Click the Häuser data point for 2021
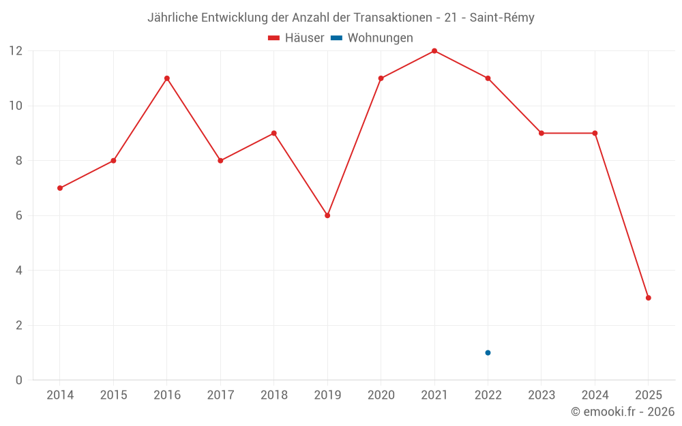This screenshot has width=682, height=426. tap(434, 51)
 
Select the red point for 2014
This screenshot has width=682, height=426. tap(60, 188)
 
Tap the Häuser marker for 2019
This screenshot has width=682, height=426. tap(327, 215)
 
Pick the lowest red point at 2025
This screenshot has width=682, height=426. tap(649, 298)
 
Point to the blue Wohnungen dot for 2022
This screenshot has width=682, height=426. tap(488, 352)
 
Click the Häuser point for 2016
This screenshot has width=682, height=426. tap(167, 78)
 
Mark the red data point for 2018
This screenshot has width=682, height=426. tap(274, 133)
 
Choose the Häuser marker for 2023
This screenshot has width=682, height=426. tap(542, 133)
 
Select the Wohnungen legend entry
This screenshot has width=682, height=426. tap(380, 38)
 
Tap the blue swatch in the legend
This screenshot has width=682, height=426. tap(336, 38)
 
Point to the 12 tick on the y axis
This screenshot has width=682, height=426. tap(16, 51)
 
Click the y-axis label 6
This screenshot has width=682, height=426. tap(19, 215)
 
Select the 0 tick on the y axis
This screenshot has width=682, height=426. tap(19, 380)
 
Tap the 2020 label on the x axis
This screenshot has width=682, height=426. tap(381, 395)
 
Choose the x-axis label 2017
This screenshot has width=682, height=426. tap(220, 395)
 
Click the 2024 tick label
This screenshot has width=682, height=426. tap(595, 395)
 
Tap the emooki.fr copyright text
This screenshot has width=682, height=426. tap(623, 412)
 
